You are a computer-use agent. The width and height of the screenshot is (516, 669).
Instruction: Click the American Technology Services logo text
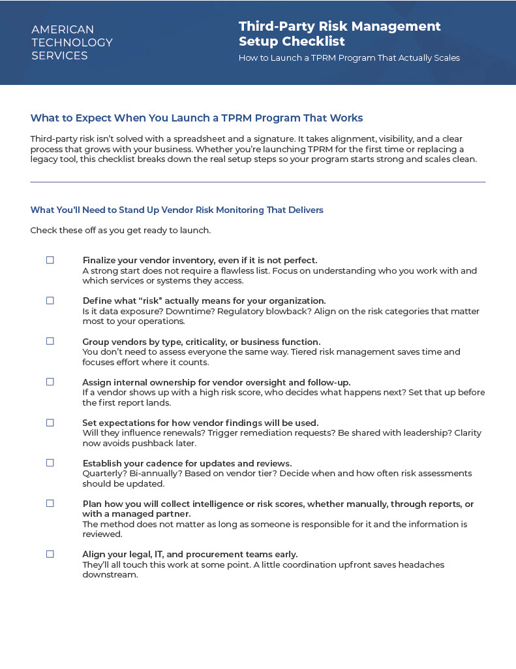point(72,42)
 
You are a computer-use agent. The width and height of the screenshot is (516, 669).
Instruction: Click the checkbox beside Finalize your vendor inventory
point(50,260)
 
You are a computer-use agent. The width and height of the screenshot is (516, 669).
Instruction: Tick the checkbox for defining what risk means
point(50,301)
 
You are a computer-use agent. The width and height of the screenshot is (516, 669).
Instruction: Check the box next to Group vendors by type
point(50,341)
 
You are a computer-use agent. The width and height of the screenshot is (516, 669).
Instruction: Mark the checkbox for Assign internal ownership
point(50,382)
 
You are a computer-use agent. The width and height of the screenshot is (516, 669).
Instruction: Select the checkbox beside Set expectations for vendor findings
point(50,423)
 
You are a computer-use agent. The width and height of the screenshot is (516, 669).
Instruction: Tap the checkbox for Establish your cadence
point(50,463)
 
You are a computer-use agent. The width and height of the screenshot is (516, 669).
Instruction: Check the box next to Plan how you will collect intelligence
point(50,503)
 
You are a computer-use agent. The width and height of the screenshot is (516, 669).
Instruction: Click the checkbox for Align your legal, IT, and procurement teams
point(50,554)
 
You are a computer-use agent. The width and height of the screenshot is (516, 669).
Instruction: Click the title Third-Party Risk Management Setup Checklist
point(339,34)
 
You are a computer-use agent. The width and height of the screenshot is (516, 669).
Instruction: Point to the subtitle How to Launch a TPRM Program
point(349,58)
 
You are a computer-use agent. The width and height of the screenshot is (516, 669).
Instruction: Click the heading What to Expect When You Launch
point(196,118)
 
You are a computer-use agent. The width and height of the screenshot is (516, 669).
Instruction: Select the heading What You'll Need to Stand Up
point(177,210)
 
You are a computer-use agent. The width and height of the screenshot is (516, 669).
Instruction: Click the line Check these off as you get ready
point(120,231)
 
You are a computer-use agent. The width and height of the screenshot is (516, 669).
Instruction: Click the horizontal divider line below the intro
point(258,182)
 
